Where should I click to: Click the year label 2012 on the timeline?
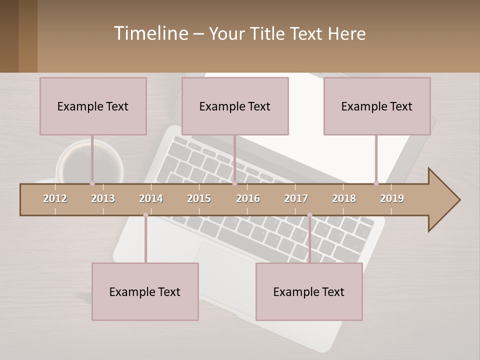55,198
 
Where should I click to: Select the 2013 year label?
103,198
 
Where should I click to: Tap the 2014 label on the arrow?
151,198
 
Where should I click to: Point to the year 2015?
199,198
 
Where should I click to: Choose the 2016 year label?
248,198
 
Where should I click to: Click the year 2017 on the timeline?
296,198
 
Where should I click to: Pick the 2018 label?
344,198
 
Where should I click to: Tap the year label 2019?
392,198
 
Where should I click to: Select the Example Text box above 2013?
93,106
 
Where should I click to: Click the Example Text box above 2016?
235,106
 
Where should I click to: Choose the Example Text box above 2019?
377,106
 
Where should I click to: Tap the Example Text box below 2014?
145,291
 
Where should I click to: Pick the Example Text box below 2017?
309,291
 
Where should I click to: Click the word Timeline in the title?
150,33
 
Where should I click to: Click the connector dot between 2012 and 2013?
92,183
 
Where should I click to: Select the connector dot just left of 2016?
234,183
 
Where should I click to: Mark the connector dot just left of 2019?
376,183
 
